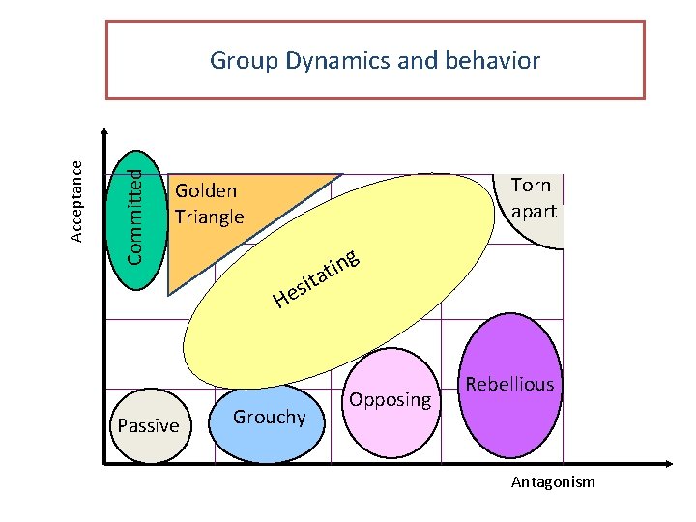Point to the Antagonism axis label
click(x=555, y=481)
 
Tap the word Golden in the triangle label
click(x=206, y=190)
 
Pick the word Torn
click(x=531, y=185)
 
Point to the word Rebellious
click(x=509, y=384)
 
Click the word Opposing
click(x=390, y=399)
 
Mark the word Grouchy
click(x=270, y=417)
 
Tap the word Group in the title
click(x=243, y=62)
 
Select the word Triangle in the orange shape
click(x=210, y=216)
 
